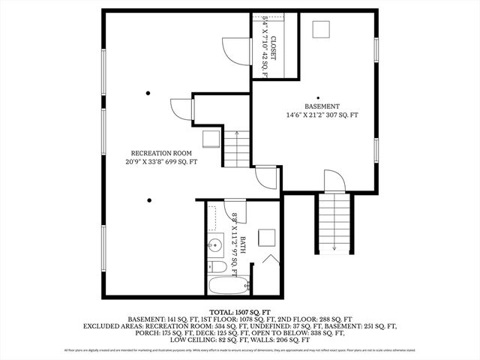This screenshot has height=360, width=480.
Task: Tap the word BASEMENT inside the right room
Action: (322, 106)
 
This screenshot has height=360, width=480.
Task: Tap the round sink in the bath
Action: (215, 244)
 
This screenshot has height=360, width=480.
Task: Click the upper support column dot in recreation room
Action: (148, 93)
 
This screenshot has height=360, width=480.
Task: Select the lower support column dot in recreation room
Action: (149, 199)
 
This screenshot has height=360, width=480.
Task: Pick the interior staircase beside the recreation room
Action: (237, 148)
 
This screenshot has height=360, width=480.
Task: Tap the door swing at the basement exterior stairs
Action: (334, 180)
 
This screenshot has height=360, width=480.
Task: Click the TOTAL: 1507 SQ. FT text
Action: (240, 310)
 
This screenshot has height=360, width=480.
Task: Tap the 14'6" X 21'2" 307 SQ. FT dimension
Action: (322, 115)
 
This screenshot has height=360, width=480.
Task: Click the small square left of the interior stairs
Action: (211, 139)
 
